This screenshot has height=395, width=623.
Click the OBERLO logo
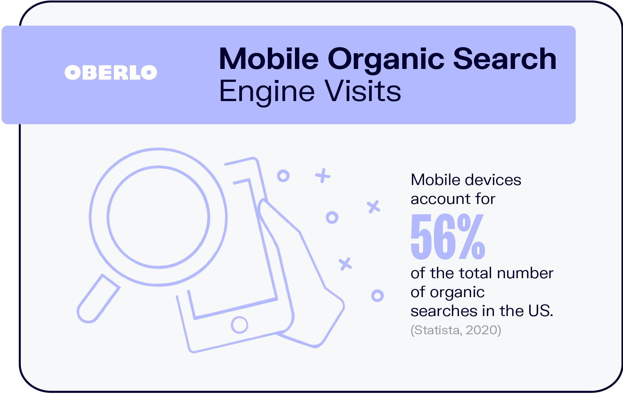click(111, 72)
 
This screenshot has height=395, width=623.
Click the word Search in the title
click(505, 59)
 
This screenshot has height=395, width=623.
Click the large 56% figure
click(448, 237)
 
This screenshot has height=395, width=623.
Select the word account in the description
click(438, 199)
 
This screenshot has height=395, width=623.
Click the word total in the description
click(475, 273)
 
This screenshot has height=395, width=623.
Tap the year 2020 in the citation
click(482, 330)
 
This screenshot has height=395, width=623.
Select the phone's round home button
click(239, 325)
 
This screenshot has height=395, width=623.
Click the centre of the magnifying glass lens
click(158, 217)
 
